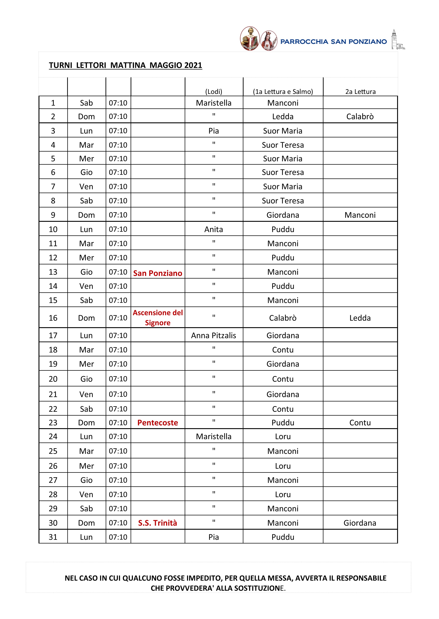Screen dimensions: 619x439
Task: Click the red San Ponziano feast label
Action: point(158,273)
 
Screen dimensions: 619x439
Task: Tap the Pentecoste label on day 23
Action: point(158,423)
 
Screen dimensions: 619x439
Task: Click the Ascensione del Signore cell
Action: point(158,318)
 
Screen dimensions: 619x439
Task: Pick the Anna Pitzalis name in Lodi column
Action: point(213,335)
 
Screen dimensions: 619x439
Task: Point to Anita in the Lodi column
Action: point(213,229)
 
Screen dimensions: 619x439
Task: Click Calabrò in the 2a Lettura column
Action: point(360,117)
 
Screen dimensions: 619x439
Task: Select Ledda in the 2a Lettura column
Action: point(360,318)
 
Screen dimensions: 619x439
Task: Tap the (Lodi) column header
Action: point(213,92)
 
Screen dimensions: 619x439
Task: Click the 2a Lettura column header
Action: point(360,92)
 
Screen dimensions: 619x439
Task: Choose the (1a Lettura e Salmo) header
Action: point(283,92)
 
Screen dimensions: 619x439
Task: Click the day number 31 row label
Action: point(53,537)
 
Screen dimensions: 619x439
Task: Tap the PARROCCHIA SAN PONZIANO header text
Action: point(333,42)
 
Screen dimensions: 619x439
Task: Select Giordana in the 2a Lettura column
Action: point(360,523)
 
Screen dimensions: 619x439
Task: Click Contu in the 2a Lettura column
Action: point(360,423)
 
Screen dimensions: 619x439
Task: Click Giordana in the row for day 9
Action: point(283,215)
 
